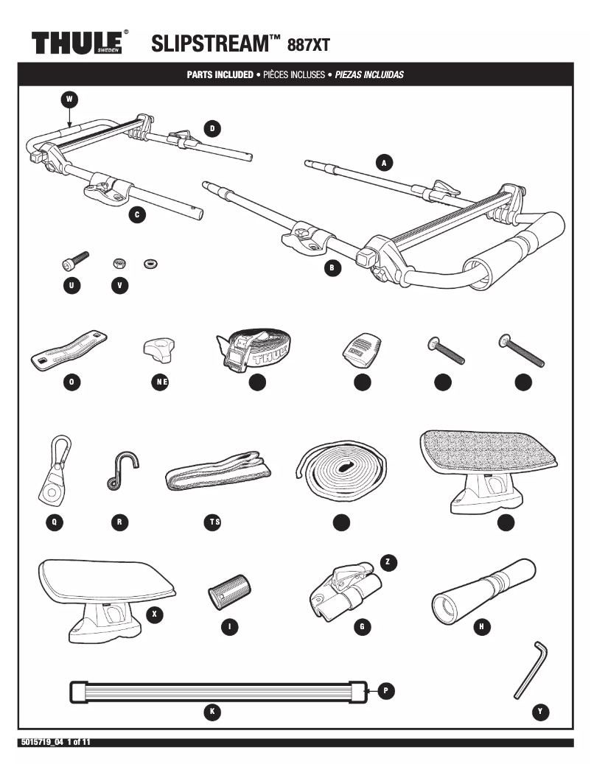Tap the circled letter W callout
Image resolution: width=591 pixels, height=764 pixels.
click(x=69, y=99)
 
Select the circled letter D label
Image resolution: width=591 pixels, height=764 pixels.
click(x=211, y=128)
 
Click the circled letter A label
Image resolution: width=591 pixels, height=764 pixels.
click(x=382, y=162)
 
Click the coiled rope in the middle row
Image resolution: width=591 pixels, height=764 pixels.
click(x=341, y=469)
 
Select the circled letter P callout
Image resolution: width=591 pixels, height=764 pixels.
click(x=388, y=691)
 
